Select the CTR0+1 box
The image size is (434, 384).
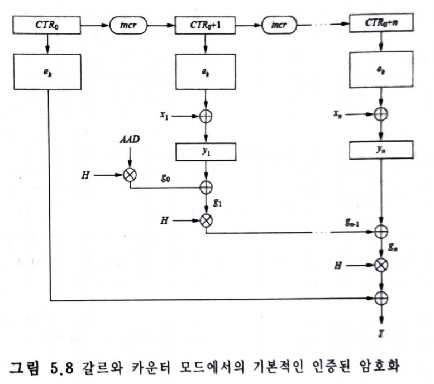207,26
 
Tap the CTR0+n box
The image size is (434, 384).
381,26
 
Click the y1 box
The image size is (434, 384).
207,150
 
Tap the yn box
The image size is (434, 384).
381,150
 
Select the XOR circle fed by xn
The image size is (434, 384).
381,114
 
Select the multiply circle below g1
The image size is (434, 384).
207,220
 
